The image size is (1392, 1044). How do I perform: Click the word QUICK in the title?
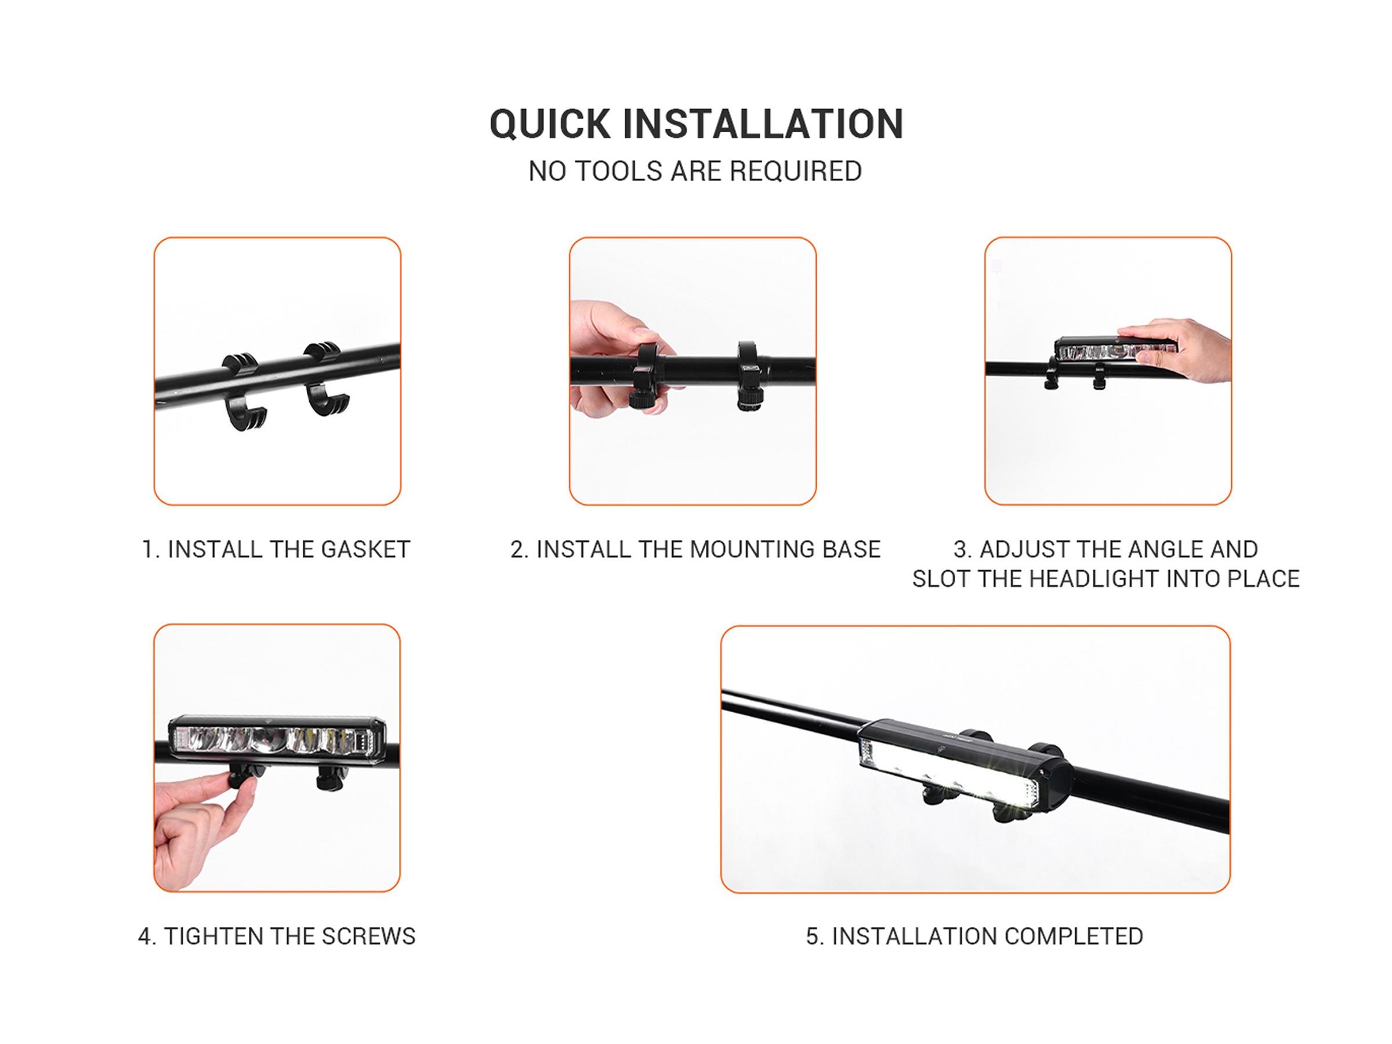(x=550, y=125)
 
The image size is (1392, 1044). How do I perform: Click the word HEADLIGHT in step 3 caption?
(x=1099, y=579)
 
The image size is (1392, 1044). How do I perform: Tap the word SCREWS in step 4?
(x=368, y=936)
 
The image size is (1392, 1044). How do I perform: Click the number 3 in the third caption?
(x=960, y=549)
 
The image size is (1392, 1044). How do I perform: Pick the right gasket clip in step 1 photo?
(x=325, y=378)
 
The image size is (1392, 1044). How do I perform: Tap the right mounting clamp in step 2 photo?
(x=751, y=376)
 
